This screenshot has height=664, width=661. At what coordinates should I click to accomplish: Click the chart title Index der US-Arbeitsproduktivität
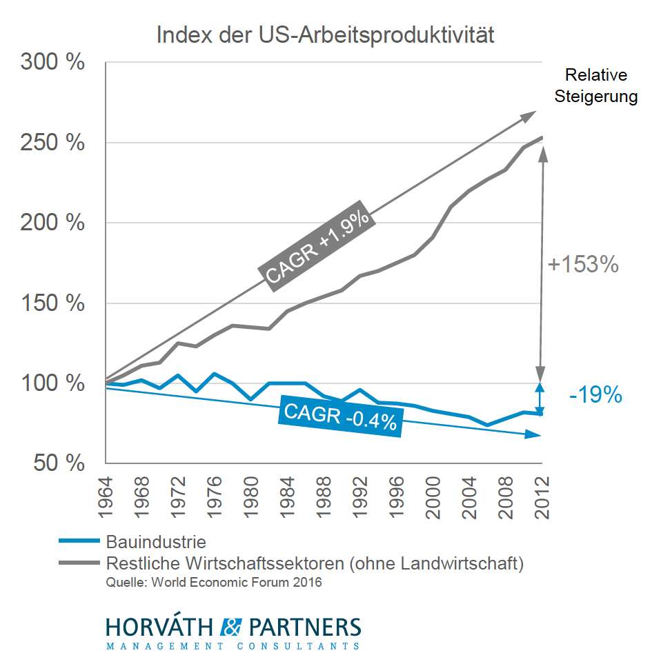[325, 34]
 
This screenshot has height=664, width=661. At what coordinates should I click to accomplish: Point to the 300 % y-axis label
[52, 63]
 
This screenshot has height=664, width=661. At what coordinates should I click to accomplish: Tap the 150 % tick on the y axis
[52, 303]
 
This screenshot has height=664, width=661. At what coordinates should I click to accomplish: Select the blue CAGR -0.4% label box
[340, 416]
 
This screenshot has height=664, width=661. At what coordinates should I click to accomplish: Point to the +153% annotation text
[583, 265]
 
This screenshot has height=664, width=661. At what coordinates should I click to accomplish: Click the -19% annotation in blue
[596, 396]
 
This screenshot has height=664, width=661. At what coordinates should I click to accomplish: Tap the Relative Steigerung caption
[596, 85]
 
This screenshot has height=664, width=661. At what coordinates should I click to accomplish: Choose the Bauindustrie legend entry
[156, 542]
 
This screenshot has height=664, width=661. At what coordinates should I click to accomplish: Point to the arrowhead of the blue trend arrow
[534, 434]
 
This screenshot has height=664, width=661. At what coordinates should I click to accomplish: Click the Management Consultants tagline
[233, 647]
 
